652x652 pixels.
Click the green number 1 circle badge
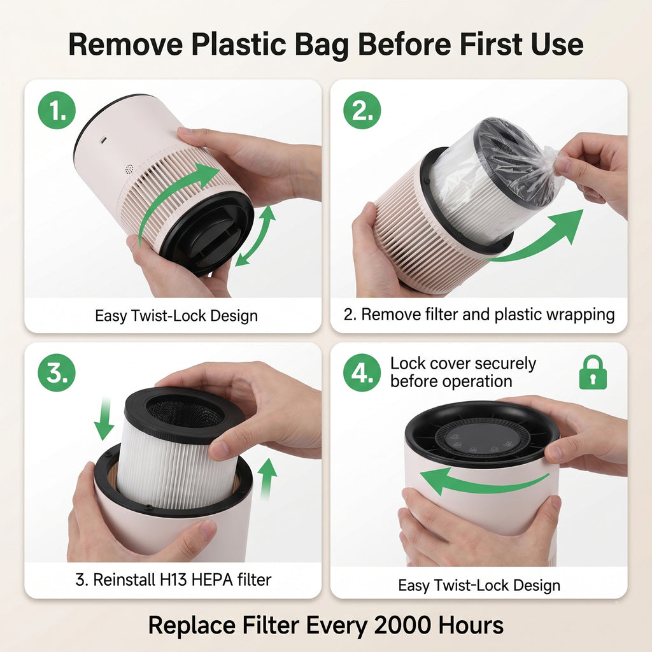tap(57, 110)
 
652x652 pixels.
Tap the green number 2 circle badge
tap(362, 110)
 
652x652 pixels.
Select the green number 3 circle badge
tap(57, 372)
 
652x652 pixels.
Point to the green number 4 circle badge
tap(362, 372)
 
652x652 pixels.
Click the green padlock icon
tap(593, 372)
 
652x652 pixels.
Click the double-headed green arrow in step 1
tap(256, 236)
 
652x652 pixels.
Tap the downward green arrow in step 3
tap(104, 418)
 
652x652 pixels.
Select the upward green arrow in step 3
tap(267, 478)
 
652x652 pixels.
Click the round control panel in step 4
tap(483, 440)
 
